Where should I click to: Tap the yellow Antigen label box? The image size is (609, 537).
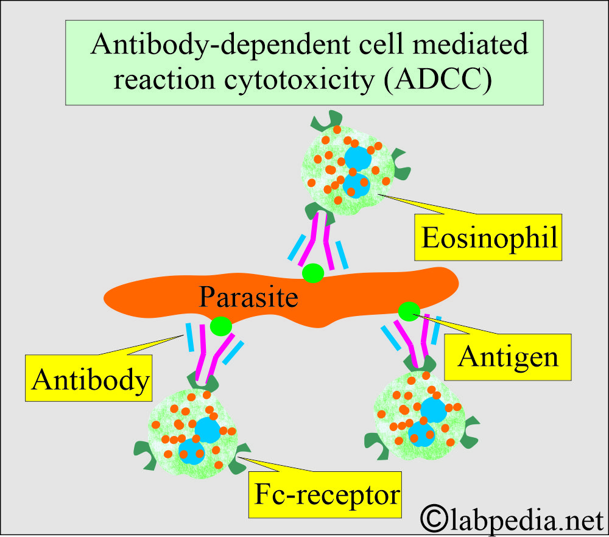tap(508, 356)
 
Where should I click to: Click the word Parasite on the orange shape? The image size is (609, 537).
tap(249, 298)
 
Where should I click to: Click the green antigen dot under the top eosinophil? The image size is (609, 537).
tap(313, 273)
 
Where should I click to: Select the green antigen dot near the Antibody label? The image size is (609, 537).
tap(220, 326)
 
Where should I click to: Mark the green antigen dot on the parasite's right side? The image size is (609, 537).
tap(409, 311)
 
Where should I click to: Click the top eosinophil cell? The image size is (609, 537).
tap(345, 167)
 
